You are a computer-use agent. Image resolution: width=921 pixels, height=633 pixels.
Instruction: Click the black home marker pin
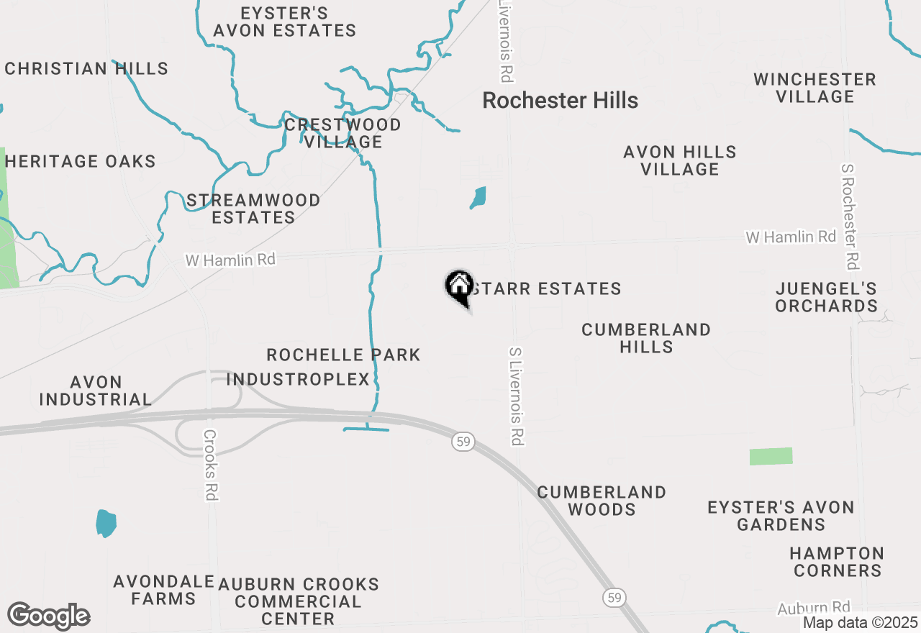coord(459,287)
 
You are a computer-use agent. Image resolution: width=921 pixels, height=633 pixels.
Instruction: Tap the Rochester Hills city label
coord(560,101)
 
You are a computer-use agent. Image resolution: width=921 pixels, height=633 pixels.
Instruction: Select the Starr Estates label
coord(545,289)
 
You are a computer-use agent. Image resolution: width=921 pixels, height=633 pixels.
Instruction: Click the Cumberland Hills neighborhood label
coord(646,338)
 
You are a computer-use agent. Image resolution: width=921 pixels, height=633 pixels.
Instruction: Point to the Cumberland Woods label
coord(602,501)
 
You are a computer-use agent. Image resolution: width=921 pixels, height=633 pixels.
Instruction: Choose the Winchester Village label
coord(815,88)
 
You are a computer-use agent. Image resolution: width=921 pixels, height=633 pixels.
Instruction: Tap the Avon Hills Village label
coord(680,160)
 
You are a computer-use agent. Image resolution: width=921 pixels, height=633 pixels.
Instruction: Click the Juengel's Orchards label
coord(826,298)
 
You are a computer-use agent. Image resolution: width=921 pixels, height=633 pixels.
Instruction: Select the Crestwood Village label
coord(342,133)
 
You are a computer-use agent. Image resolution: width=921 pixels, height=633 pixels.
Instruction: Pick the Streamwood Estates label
coord(253,209)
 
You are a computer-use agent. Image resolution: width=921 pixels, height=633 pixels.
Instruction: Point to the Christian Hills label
coord(86,69)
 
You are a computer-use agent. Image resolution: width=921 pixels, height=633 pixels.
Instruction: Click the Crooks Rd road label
coord(210,465)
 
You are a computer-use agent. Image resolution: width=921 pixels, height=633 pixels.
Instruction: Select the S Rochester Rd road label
coord(850,216)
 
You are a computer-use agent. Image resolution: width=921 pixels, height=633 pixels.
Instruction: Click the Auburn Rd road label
coord(814,609)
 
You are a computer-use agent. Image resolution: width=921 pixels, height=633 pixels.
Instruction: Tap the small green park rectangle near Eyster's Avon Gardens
coord(771,456)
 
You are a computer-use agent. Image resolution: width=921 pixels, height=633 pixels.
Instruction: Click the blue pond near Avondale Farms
coord(106,523)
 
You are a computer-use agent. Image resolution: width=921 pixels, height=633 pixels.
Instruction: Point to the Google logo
coord(48,616)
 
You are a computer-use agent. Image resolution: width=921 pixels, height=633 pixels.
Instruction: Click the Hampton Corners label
coord(836,562)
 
